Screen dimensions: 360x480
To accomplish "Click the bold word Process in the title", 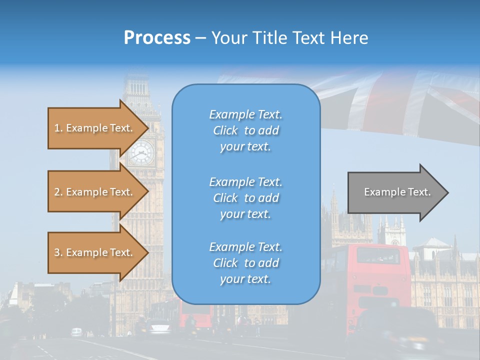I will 157,38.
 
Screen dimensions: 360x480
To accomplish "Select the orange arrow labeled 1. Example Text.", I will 95,128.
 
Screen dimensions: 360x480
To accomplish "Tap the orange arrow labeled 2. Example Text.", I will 95,192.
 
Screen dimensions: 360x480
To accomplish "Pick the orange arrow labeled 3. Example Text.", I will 95,252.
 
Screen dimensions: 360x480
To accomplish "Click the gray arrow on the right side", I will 395,192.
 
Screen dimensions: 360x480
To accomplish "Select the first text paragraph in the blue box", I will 245,130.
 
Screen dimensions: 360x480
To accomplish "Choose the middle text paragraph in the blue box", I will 245,198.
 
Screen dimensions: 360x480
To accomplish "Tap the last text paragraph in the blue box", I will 245,263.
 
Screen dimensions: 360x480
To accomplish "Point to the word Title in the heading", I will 269,38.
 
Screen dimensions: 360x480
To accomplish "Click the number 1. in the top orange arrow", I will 58,128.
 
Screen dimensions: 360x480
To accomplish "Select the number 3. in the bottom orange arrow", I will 58,252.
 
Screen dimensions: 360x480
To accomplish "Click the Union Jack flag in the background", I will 400,100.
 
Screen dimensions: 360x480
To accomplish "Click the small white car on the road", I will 76,331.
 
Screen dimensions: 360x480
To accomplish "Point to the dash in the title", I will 200,38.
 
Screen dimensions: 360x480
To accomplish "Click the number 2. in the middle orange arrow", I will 58,192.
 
